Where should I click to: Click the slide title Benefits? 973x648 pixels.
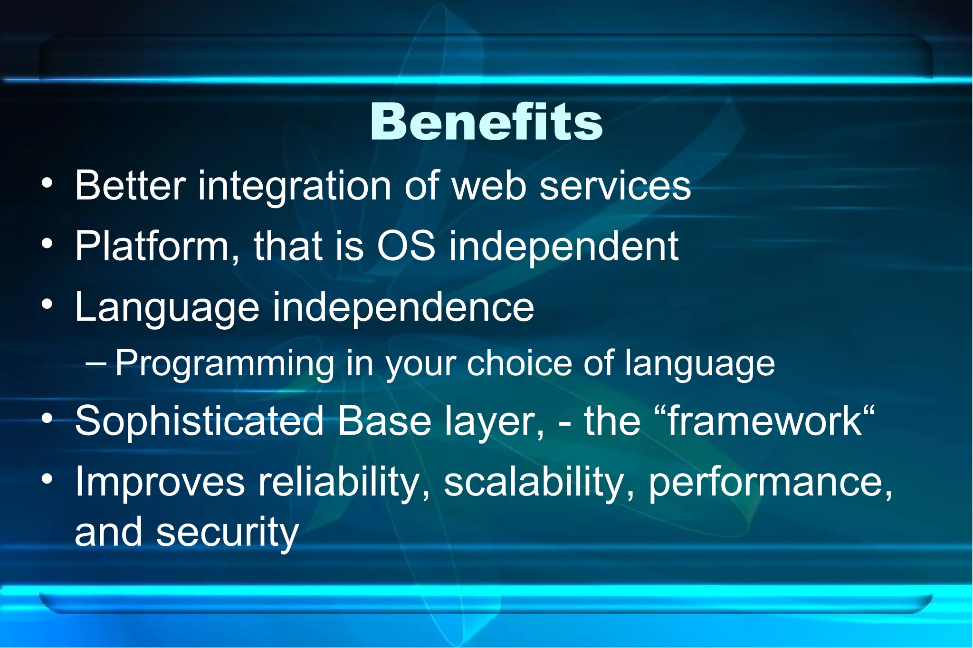(x=486, y=122)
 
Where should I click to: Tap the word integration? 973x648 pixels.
(x=294, y=186)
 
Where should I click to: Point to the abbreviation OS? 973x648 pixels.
(x=406, y=246)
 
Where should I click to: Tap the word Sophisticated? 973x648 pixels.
(x=199, y=421)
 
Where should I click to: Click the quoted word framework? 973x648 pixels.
(x=764, y=421)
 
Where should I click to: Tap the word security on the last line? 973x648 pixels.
(x=227, y=533)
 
